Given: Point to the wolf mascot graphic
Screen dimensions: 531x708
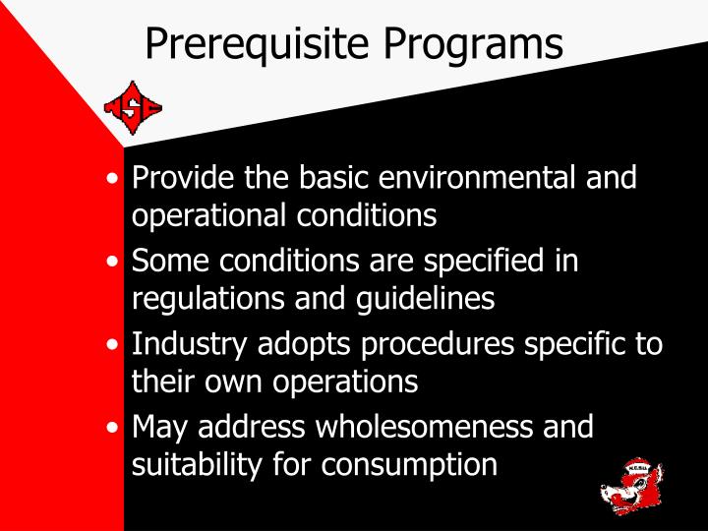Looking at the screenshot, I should tap(632, 486).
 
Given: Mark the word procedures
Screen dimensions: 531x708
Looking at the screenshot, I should tap(447, 346).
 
